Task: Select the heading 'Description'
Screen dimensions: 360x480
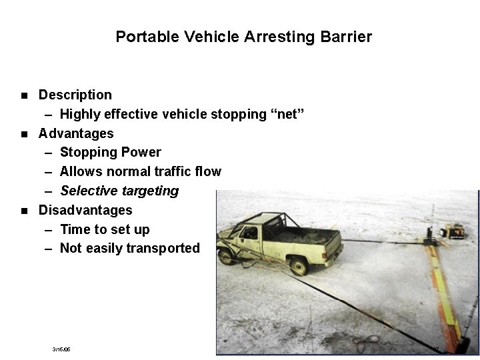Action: [x=75, y=95]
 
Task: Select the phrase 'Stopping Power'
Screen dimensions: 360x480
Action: [x=110, y=152]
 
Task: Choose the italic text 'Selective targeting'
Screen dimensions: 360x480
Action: [x=119, y=191]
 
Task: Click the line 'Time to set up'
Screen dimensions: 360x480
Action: [x=105, y=229]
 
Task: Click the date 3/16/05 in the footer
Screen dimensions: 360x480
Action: [x=61, y=349]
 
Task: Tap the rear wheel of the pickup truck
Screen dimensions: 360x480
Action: [x=299, y=266]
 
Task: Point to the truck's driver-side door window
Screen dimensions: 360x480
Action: [x=250, y=233]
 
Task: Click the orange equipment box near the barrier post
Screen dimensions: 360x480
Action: [x=456, y=231]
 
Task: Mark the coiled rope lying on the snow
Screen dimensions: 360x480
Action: [x=365, y=343]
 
